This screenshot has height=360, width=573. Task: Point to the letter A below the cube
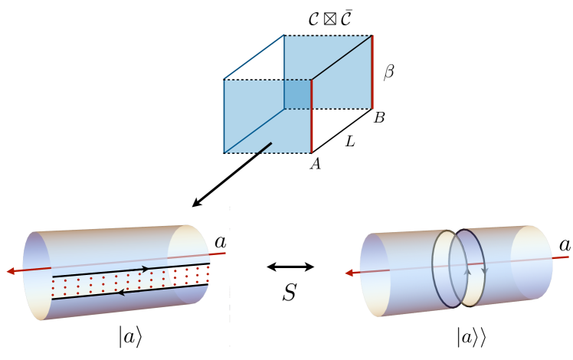click(314, 163)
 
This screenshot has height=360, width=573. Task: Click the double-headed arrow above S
click(290, 267)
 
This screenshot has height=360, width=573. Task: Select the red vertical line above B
click(372, 72)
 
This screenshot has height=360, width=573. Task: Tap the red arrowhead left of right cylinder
click(349, 272)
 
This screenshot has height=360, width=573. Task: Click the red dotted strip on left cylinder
click(130, 281)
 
